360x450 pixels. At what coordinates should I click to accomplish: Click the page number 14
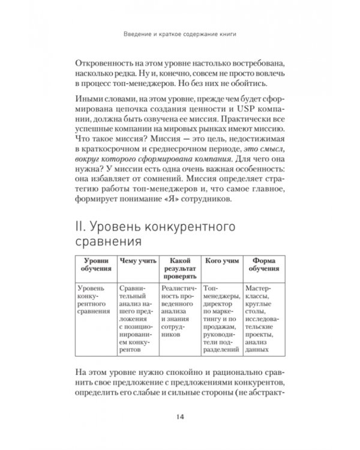(179, 417)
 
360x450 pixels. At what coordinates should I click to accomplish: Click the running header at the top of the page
(179, 34)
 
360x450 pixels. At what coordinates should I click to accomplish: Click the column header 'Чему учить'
(137, 261)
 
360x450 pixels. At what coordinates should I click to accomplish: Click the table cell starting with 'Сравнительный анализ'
(137, 321)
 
